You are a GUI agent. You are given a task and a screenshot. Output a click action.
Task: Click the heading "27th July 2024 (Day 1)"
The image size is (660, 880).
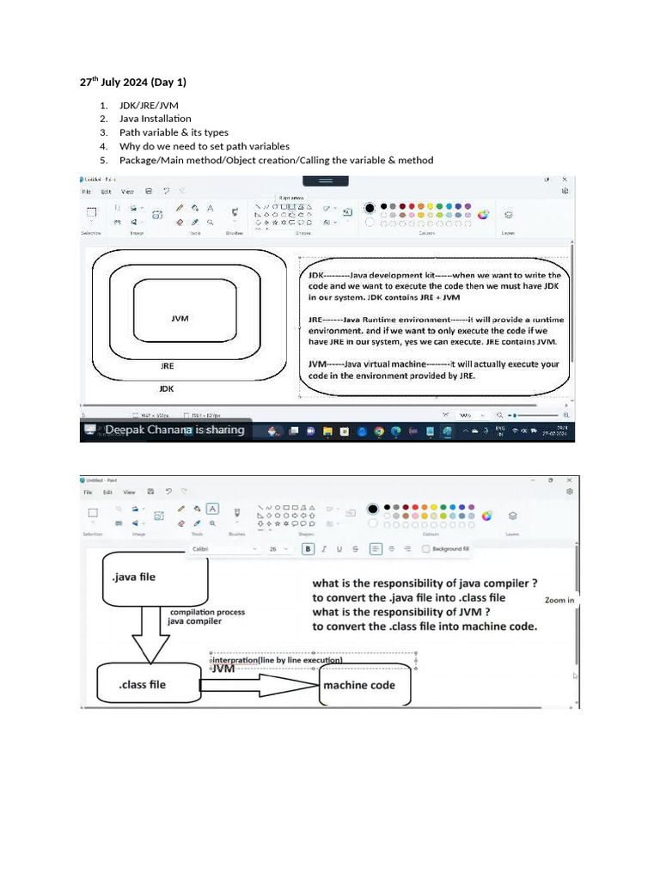[x=132, y=82]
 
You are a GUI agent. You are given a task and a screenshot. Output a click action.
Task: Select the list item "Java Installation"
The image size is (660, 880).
[x=156, y=119]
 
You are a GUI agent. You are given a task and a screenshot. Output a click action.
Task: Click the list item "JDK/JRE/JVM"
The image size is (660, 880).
[x=149, y=105]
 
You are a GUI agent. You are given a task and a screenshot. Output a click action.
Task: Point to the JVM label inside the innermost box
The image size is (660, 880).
[x=180, y=318]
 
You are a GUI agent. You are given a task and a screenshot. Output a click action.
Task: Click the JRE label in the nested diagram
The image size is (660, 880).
[x=168, y=365]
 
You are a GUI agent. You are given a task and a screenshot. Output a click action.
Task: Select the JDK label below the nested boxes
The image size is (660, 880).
[x=168, y=388]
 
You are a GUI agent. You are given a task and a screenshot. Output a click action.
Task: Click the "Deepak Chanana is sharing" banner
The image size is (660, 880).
[x=174, y=430]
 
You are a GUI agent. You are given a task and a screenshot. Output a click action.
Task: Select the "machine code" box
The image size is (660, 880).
[x=364, y=685]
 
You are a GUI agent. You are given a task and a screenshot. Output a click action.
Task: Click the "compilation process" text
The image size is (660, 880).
[x=207, y=613]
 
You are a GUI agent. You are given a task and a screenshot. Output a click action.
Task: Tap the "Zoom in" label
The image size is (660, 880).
[x=559, y=600]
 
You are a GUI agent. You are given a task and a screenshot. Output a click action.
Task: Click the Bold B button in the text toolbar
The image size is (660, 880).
[x=308, y=548]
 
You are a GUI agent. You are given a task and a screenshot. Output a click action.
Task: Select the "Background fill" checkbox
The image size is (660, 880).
[x=425, y=548]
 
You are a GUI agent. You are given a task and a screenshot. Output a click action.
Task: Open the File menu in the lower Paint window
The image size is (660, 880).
[x=88, y=492]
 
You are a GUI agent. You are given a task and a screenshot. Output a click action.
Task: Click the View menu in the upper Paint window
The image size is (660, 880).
[x=127, y=192]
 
